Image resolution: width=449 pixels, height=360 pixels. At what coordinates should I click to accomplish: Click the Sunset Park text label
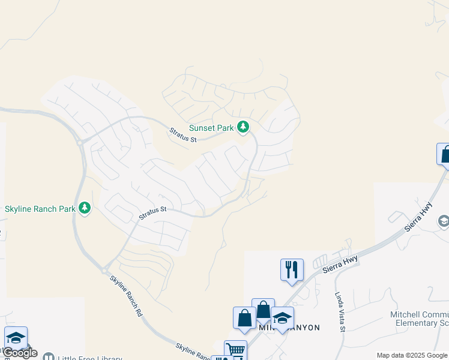[210, 128]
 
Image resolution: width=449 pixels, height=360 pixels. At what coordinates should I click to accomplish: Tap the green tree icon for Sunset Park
[243, 127]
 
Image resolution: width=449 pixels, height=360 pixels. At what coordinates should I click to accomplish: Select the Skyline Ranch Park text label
[40, 209]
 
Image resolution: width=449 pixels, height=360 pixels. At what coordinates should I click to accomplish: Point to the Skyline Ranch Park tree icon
[85, 208]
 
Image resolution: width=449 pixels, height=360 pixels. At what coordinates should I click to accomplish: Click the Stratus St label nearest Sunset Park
[182, 135]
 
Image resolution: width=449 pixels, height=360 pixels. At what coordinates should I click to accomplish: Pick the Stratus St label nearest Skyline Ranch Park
[152, 213]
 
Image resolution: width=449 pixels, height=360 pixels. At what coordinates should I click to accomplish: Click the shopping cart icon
[235, 350]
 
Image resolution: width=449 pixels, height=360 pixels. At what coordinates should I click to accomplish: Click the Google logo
[20, 352]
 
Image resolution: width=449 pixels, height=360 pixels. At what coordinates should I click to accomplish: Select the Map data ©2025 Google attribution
[412, 355]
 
